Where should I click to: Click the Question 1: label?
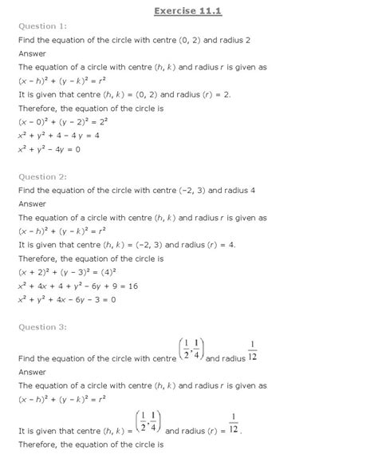pos(41,26)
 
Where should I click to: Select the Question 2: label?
pos(41,176)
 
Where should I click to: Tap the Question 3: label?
pos(41,326)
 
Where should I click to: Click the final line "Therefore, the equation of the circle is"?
pos(101,444)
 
